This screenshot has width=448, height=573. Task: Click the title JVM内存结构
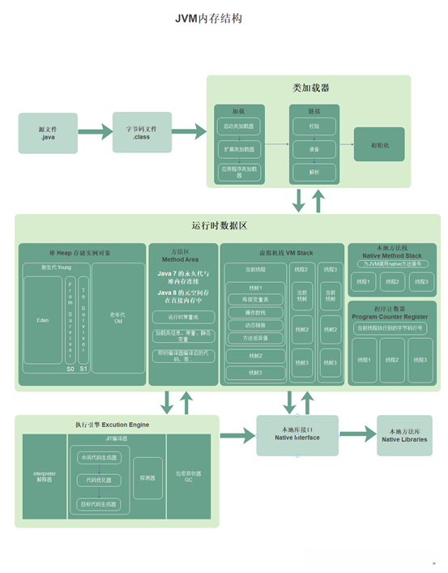pos(208,19)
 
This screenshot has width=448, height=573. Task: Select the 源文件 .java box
pos(48,133)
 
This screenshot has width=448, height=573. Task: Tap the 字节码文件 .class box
pos(147,133)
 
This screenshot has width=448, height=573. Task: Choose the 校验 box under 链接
pos(313,126)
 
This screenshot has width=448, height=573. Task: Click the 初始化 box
pos(378,145)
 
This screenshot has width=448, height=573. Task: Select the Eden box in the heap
pos(42,320)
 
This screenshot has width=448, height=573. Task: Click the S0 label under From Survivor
pos(70,369)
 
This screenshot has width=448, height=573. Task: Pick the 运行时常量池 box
pos(182,316)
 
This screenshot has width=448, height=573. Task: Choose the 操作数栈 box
pos(255,312)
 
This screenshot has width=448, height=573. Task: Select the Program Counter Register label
pos(391,316)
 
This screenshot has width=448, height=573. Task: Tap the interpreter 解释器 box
pos(43,476)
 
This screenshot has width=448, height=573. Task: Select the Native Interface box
pos(297,435)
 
